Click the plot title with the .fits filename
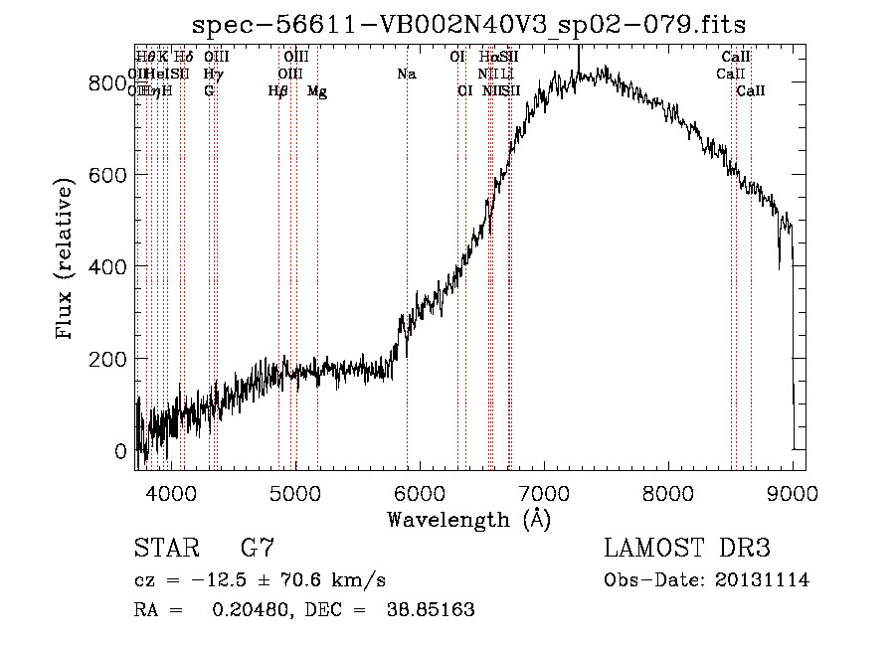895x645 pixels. (469, 24)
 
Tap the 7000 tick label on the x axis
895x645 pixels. (544, 492)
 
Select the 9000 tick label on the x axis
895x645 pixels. (793, 492)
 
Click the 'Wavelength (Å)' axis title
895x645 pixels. (468, 519)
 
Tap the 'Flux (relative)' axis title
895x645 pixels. (66, 260)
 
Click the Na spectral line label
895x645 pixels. (406, 74)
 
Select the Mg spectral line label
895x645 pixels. (317, 91)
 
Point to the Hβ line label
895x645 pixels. (278, 91)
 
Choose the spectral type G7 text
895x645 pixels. (258, 549)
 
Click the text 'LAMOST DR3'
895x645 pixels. (687, 549)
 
